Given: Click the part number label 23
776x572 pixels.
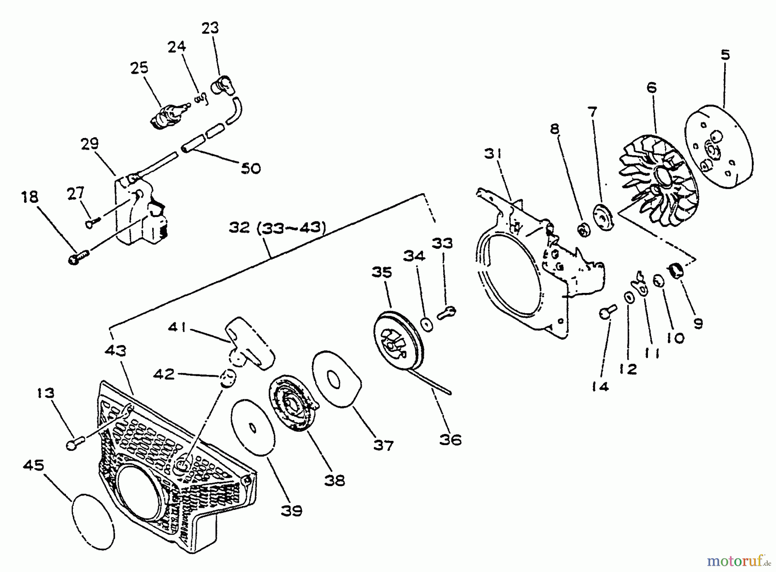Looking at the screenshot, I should pyautogui.click(x=210, y=28).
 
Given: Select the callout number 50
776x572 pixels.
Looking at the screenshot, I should pyautogui.click(x=251, y=168).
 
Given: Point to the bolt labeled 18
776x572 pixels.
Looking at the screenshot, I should pyautogui.click(x=77, y=258).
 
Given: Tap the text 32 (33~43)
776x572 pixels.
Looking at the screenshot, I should pyautogui.click(x=277, y=227).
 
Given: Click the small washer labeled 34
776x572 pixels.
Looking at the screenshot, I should pyautogui.click(x=427, y=324).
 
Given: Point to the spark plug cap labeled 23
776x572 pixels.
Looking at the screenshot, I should pyautogui.click(x=223, y=85).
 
